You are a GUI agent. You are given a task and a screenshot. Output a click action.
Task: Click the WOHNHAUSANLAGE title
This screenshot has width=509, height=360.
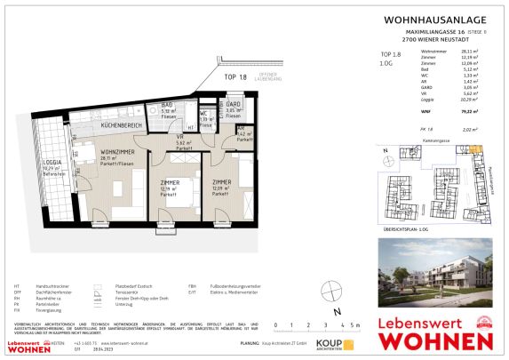click(x=421, y=18)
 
